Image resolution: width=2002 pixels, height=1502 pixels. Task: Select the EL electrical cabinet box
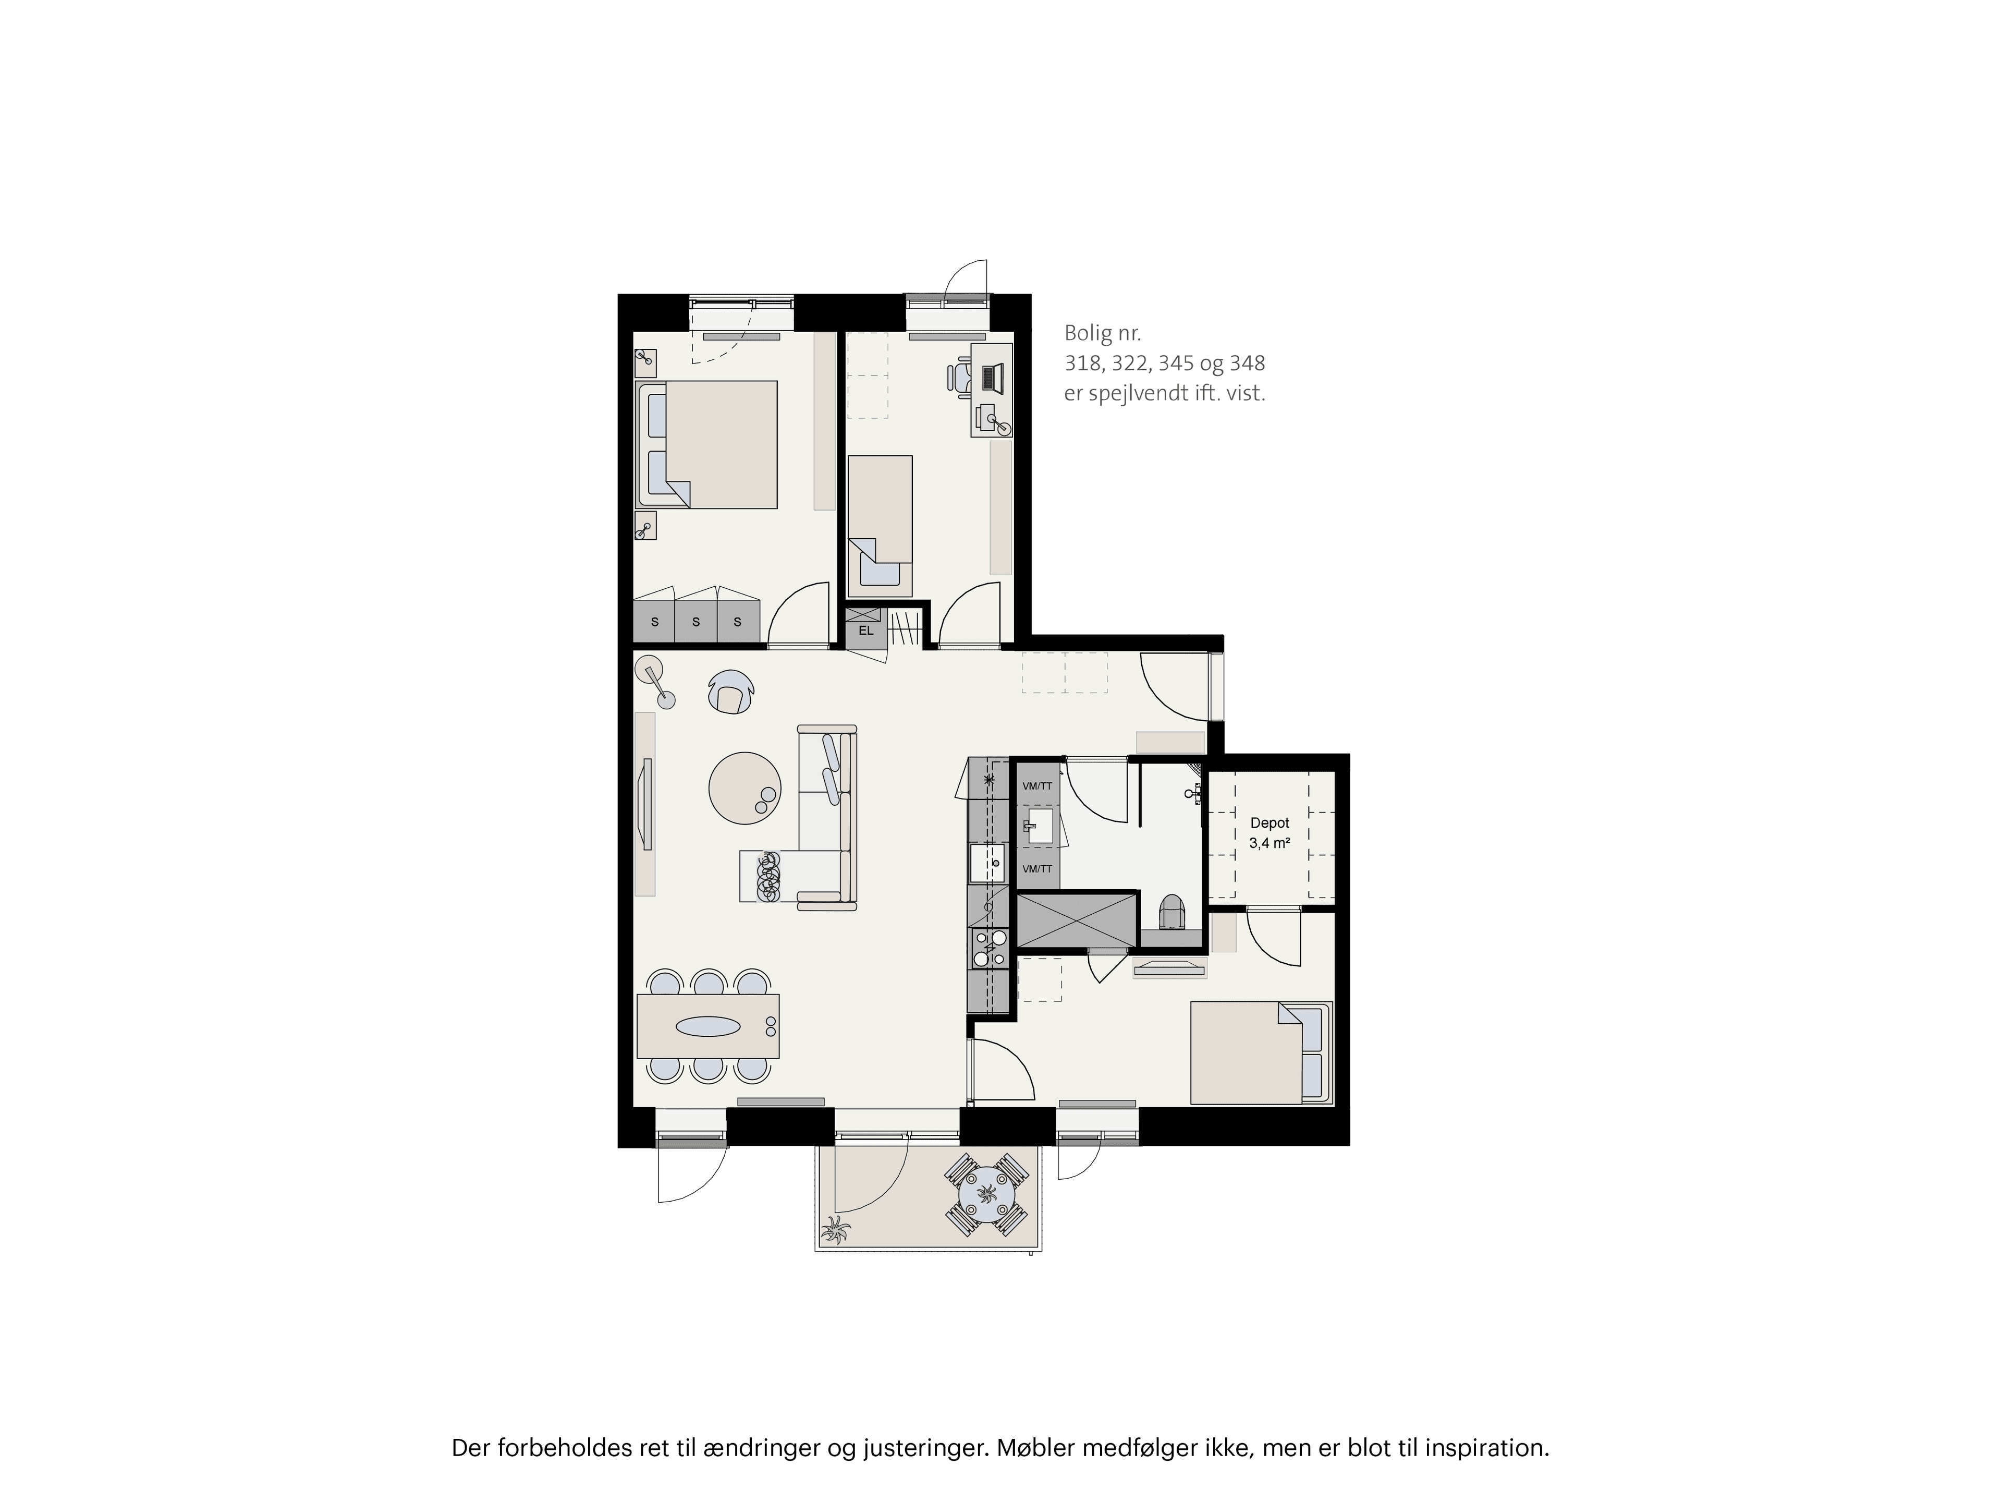pyautogui.click(x=866, y=630)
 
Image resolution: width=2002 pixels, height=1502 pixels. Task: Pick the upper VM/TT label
pyautogui.click(x=1037, y=786)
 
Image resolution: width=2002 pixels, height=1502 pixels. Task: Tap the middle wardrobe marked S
pyautogui.click(x=696, y=622)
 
